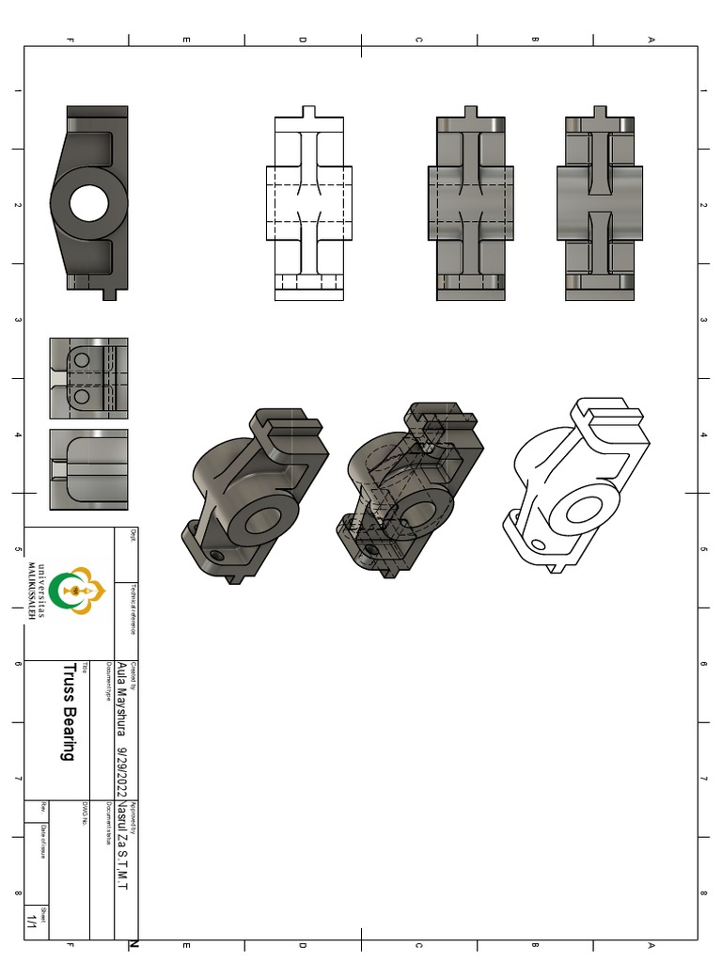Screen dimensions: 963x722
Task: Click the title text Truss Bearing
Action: pyautogui.click(x=69, y=712)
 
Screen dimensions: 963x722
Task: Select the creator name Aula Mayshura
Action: pyautogui.click(x=122, y=702)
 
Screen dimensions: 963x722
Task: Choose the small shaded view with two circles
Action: pyautogui.click(x=88, y=378)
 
